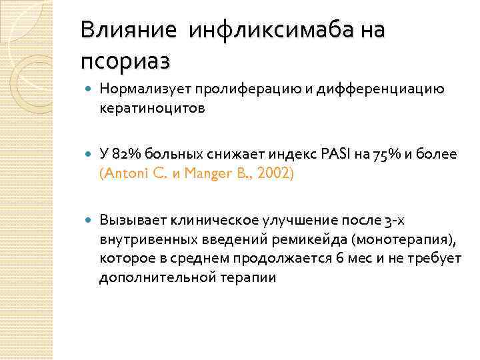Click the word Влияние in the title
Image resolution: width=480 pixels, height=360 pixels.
(125, 30)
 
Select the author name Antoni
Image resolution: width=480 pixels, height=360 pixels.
(123, 173)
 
